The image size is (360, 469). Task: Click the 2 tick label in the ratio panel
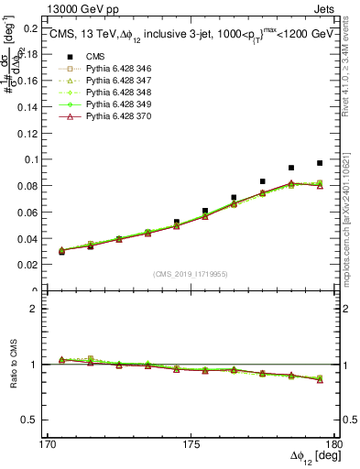tap(36, 309)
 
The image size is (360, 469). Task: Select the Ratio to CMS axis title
tap(12, 365)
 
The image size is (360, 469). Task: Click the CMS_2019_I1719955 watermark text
tap(191, 273)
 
